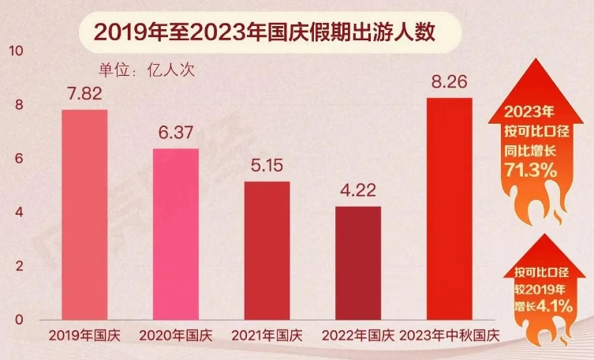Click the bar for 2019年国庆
pos(84,214)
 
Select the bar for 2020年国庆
pos(176,234)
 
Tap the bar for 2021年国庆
pos(267,250)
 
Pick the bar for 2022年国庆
pos(358,263)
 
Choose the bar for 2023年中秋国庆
pos(449,208)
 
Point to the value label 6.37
pos(176,134)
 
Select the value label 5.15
pos(267,167)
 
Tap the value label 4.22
pos(358,192)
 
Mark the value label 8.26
pos(449,82)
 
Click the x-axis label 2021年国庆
pos(267,335)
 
